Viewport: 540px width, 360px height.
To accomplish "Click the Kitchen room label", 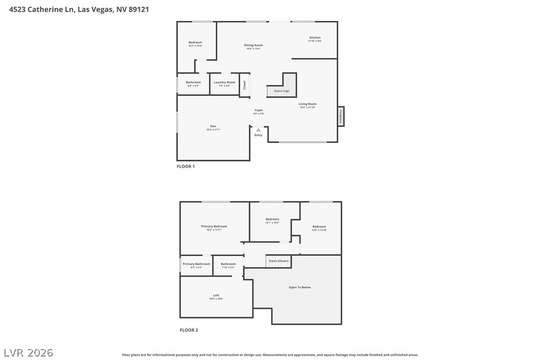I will pyautogui.click(x=315, y=38).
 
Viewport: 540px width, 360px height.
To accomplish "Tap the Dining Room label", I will pyautogui.click(x=253, y=45).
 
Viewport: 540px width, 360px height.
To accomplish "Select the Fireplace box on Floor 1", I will pyautogui.click(x=341, y=116).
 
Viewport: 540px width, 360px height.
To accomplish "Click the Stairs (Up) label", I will pyautogui.click(x=281, y=91).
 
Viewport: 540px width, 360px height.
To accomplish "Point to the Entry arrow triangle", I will pyautogui.click(x=259, y=130).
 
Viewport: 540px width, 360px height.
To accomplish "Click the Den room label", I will pyautogui.click(x=213, y=126).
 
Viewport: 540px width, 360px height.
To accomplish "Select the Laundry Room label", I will pyautogui.click(x=224, y=83).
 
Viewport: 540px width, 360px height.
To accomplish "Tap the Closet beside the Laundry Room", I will pyautogui.click(x=244, y=85).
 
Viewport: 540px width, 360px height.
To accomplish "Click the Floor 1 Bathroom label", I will pyautogui.click(x=193, y=83).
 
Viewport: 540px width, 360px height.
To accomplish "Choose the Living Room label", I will pyautogui.click(x=307, y=104).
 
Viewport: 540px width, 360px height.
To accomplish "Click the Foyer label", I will pyautogui.click(x=259, y=110).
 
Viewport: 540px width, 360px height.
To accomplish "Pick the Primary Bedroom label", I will pyautogui.click(x=214, y=226).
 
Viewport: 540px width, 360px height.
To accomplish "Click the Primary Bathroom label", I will pyautogui.click(x=196, y=264).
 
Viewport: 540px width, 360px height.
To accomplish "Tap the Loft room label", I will pyautogui.click(x=216, y=295).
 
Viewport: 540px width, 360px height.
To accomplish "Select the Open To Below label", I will pyautogui.click(x=299, y=287).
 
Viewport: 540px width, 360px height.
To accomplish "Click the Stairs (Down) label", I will pyautogui.click(x=278, y=261).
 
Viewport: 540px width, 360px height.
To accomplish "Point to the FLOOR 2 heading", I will pyautogui.click(x=188, y=330).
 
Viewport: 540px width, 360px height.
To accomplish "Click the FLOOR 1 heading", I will pyautogui.click(x=186, y=167).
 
